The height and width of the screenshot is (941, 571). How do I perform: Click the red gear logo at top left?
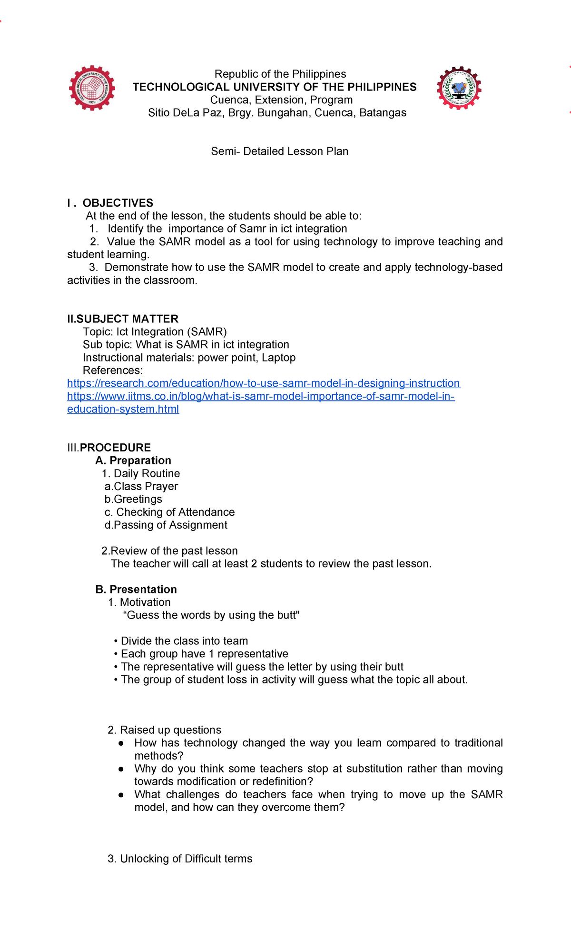click(x=92, y=88)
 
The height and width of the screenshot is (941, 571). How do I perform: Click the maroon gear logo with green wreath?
click(x=459, y=88)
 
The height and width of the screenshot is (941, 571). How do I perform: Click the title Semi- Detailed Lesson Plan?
click(x=280, y=151)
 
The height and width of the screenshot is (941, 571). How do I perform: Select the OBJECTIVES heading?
click(x=118, y=203)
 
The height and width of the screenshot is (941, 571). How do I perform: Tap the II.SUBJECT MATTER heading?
click(x=123, y=319)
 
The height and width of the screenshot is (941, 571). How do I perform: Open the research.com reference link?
click(x=263, y=383)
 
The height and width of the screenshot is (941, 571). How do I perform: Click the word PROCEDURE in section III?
click(x=115, y=448)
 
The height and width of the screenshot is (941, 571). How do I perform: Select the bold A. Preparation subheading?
click(x=133, y=460)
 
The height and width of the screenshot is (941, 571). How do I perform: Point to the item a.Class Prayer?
click(x=141, y=486)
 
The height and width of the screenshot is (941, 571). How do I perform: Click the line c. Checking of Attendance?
click(x=169, y=512)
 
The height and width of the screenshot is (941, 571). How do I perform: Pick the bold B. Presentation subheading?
click(x=136, y=590)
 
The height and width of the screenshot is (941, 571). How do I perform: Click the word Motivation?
click(x=145, y=602)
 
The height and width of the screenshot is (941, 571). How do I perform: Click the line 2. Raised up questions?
click(x=165, y=730)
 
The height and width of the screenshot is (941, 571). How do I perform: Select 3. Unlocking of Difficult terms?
click(x=180, y=859)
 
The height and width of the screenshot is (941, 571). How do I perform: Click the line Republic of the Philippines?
click(x=280, y=74)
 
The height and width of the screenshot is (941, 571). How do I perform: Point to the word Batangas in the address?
click(x=383, y=113)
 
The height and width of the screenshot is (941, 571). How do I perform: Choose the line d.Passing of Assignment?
click(x=166, y=525)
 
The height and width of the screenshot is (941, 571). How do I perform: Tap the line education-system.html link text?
click(x=123, y=409)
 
